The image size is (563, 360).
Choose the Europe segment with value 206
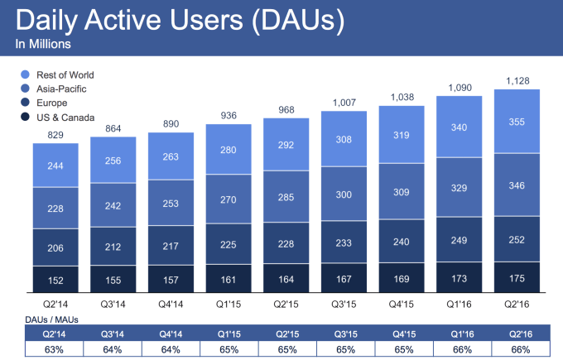[55, 247]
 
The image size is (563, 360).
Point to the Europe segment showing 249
[460, 239]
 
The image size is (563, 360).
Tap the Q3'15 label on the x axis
[344, 303]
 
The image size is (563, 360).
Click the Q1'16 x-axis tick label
[460, 303]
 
